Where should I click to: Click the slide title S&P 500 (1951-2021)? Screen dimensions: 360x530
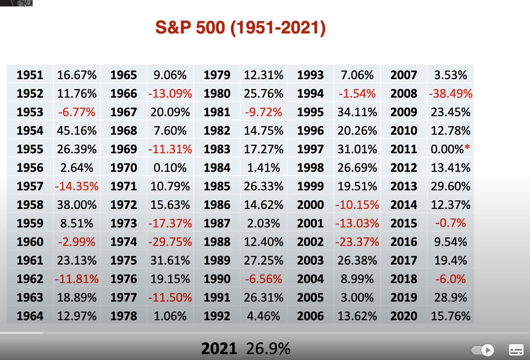click(x=240, y=28)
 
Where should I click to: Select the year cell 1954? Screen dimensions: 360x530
click(x=30, y=131)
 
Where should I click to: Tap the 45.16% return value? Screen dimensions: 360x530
click(x=77, y=131)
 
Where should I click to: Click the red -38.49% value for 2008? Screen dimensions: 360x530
click(x=450, y=94)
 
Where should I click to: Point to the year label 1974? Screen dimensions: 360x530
click(x=123, y=242)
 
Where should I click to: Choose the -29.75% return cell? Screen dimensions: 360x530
click(x=170, y=242)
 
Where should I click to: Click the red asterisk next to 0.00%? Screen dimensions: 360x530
click(x=467, y=148)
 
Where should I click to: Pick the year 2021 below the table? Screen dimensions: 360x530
click(x=219, y=348)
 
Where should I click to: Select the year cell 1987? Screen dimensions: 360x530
click(x=217, y=223)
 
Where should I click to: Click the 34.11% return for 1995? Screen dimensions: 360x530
click(x=357, y=112)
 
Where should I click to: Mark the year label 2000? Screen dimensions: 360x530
click(x=310, y=205)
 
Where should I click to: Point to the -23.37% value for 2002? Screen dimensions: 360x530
click(x=357, y=242)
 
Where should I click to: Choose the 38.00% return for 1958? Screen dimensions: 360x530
click(x=77, y=205)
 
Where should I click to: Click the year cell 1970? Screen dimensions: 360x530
click(x=123, y=168)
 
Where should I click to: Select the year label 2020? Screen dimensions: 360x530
click(x=404, y=316)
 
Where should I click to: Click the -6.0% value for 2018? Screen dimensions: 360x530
click(x=450, y=279)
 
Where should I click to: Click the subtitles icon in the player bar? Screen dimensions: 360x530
click(x=516, y=350)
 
